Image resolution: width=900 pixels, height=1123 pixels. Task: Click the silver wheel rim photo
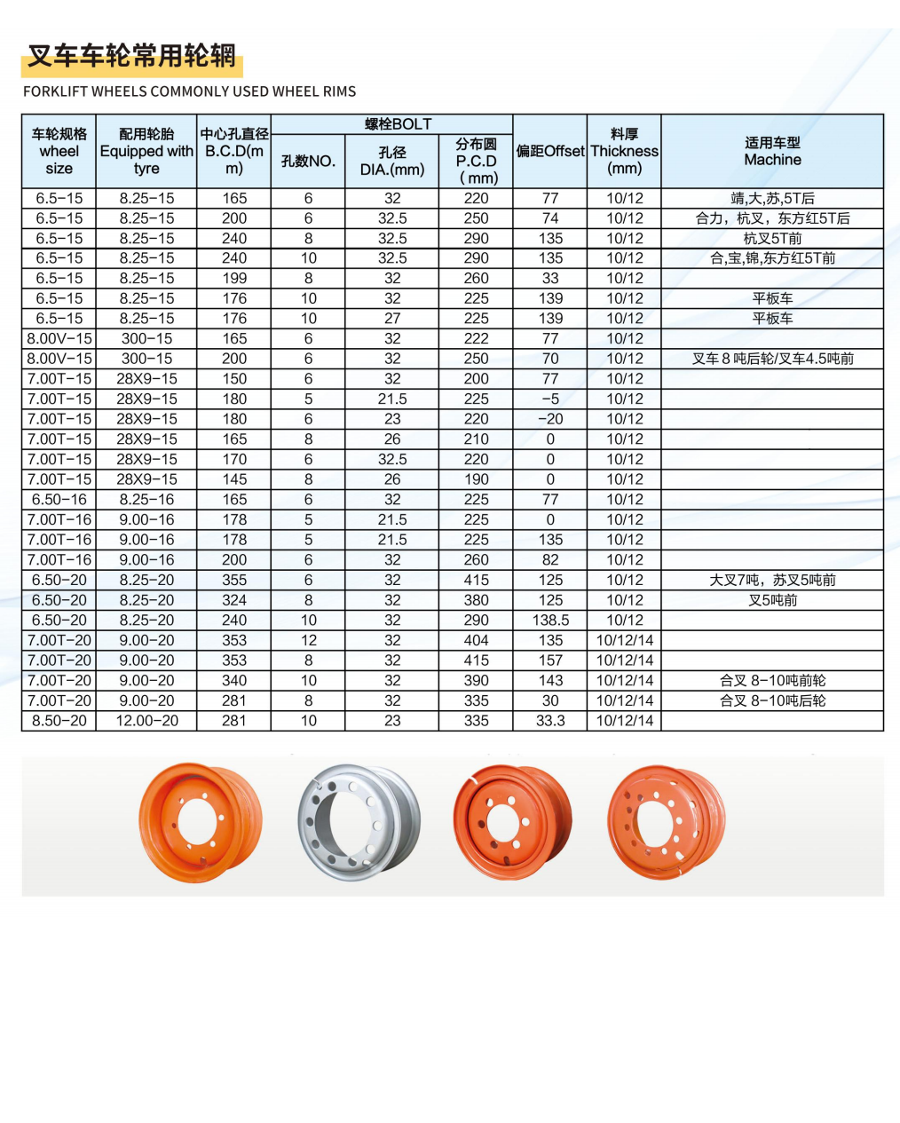coord(359,821)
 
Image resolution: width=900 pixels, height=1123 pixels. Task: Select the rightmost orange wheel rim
coord(666,821)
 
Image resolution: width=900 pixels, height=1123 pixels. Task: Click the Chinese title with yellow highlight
coord(131,57)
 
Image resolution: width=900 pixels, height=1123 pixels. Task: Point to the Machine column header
coord(772,152)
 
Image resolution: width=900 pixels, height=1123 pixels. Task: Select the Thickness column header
coord(624,152)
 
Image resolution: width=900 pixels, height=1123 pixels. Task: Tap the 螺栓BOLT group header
coord(391,124)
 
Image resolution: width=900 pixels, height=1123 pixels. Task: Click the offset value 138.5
coord(550,621)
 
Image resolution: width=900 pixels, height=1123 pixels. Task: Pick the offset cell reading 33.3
coord(550,721)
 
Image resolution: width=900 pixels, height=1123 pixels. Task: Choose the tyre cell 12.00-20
coord(146,721)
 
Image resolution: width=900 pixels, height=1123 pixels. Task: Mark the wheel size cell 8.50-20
coord(59,721)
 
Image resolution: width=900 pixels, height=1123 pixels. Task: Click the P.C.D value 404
coord(476,640)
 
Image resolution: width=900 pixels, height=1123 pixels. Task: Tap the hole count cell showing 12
coord(308,640)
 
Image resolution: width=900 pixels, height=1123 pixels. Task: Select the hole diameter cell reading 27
coord(391,319)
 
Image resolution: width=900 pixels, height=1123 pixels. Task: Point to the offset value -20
coord(550,419)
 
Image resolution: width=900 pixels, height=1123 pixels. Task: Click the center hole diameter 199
coord(233,278)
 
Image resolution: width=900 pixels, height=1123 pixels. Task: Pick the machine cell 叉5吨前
coord(772,600)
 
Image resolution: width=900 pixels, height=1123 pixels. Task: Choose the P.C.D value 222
coord(476,338)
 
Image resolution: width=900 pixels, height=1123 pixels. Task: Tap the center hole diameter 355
coord(233,580)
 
